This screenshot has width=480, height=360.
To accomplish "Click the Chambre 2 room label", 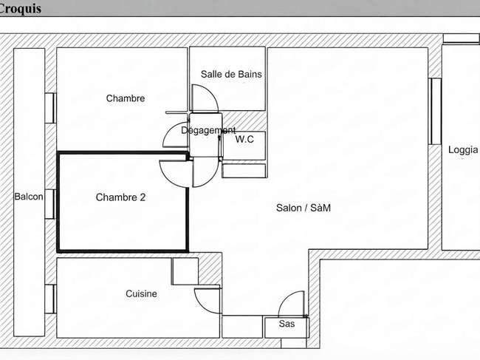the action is tap(120, 197).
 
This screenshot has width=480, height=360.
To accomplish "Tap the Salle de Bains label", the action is tap(231, 74).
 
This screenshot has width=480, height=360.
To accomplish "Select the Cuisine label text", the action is tap(141, 293).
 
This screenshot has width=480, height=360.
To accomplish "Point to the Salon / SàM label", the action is tap(304, 208).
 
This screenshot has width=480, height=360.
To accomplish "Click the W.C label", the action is tap(244, 140).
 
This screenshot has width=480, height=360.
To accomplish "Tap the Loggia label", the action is tap(463, 150).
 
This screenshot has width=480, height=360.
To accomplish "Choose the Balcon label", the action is tap(29, 197).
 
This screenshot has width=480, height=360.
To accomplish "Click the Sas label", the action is tap(287, 324).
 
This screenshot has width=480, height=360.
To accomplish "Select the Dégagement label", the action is tap(208, 131).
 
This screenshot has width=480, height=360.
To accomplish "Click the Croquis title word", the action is tap(20, 8).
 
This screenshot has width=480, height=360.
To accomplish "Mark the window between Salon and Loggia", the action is tap(435, 111).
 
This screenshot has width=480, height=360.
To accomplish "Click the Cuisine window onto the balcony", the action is tap(50, 299).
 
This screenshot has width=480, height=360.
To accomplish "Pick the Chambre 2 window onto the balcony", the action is tap(50, 204).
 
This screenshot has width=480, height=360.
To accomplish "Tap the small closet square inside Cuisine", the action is tap(185, 271).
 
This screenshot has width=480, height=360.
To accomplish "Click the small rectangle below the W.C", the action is tap(244, 171).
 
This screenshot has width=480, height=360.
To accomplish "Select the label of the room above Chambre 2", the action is tap(126, 98).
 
